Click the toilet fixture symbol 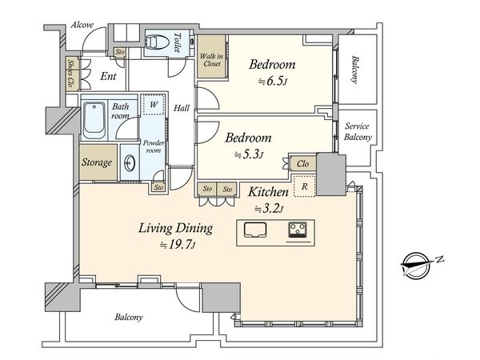pos(158,42)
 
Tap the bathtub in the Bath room pos(94,121)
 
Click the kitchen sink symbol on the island pos(255,230)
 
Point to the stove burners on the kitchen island pos(298,230)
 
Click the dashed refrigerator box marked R pos(304,186)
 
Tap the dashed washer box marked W pos(154,105)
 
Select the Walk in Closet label pos(211,60)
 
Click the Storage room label pos(97,162)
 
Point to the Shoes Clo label pos(71,73)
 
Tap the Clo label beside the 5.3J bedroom pos(302,164)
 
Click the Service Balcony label pos(358,131)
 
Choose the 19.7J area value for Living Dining pos(178,245)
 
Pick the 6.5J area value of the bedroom pos(273,82)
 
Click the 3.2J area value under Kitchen pos(269,210)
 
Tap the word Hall pos(182,108)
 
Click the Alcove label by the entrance pos(82,25)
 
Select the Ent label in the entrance pos(108,76)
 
